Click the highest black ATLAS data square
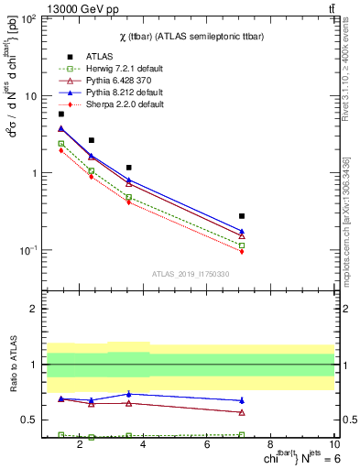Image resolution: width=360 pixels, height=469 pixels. [x=61, y=114]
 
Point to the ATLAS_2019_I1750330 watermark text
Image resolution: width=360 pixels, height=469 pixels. [x=190, y=274]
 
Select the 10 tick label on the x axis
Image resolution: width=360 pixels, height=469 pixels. [x=334, y=444]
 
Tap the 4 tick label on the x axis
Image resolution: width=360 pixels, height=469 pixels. [x=145, y=444]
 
